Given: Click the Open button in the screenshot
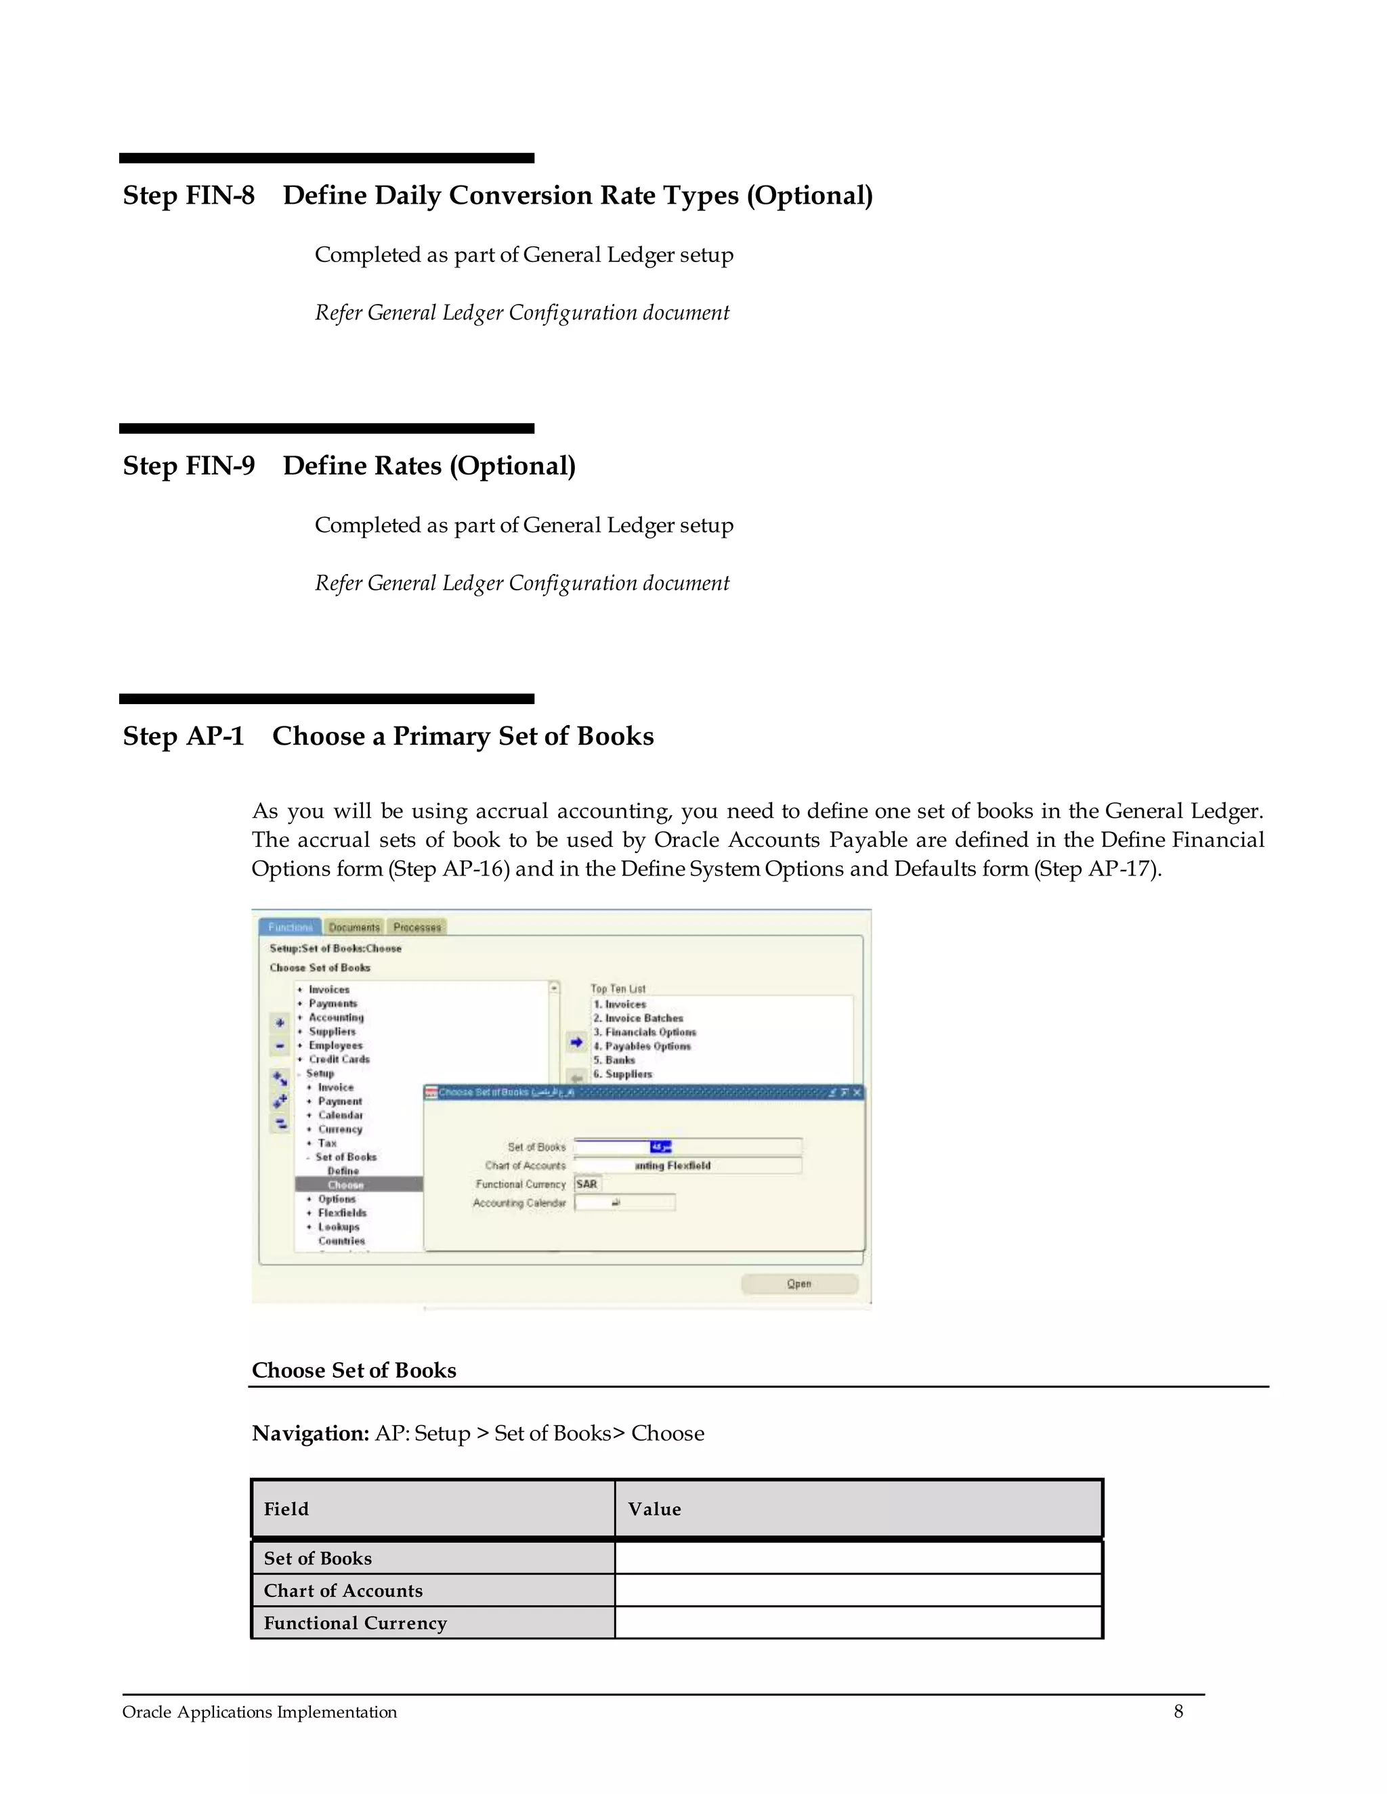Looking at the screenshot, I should (798, 1284).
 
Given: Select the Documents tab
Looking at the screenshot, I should (354, 927).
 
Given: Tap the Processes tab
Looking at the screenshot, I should (417, 927).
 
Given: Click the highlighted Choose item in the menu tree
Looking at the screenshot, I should (345, 1185).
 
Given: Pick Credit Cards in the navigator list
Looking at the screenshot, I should (339, 1059).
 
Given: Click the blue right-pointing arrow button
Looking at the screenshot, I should (576, 1043).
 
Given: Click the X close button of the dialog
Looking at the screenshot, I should (857, 1093).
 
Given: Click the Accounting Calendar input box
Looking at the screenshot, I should (624, 1202).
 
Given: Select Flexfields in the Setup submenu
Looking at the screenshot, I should (342, 1213).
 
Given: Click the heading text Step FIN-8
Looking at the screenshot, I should (189, 196).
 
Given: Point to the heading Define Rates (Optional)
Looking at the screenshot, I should (429, 466).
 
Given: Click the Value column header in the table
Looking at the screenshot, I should (655, 1509).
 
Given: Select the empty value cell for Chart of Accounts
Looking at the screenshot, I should (858, 1590).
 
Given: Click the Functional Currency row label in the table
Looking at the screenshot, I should (355, 1623).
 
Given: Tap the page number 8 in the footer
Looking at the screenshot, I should (1178, 1712).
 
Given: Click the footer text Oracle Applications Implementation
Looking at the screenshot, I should (259, 1713).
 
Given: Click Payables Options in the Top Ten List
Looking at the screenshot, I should (647, 1047).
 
